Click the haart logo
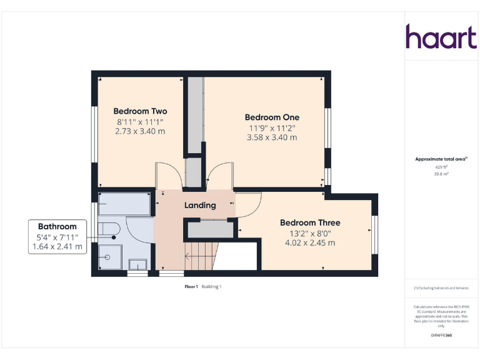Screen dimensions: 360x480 tap(441, 37)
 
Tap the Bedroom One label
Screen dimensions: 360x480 tap(272, 117)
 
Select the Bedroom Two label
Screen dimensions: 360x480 tap(141, 111)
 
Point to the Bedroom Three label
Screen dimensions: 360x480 tap(310, 222)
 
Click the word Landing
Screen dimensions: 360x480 tap(200, 205)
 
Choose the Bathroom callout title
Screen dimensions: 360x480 tap(57, 226)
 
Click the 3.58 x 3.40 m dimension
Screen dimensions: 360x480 tap(272, 137)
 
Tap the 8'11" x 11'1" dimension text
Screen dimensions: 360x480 tap(141, 122)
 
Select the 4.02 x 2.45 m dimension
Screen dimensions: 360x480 tap(310, 242)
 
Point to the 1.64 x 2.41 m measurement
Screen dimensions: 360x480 tap(57, 246)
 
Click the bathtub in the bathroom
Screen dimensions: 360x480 tap(125, 204)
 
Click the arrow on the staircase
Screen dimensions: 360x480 tap(187, 256)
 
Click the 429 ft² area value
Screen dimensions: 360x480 tap(442, 167)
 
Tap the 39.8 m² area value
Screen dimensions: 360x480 tap(442, 174)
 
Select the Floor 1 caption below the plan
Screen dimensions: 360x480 tap(191, 286)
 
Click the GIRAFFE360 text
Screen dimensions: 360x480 tap(442, 336)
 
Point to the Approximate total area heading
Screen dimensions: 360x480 tap(441, 159)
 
